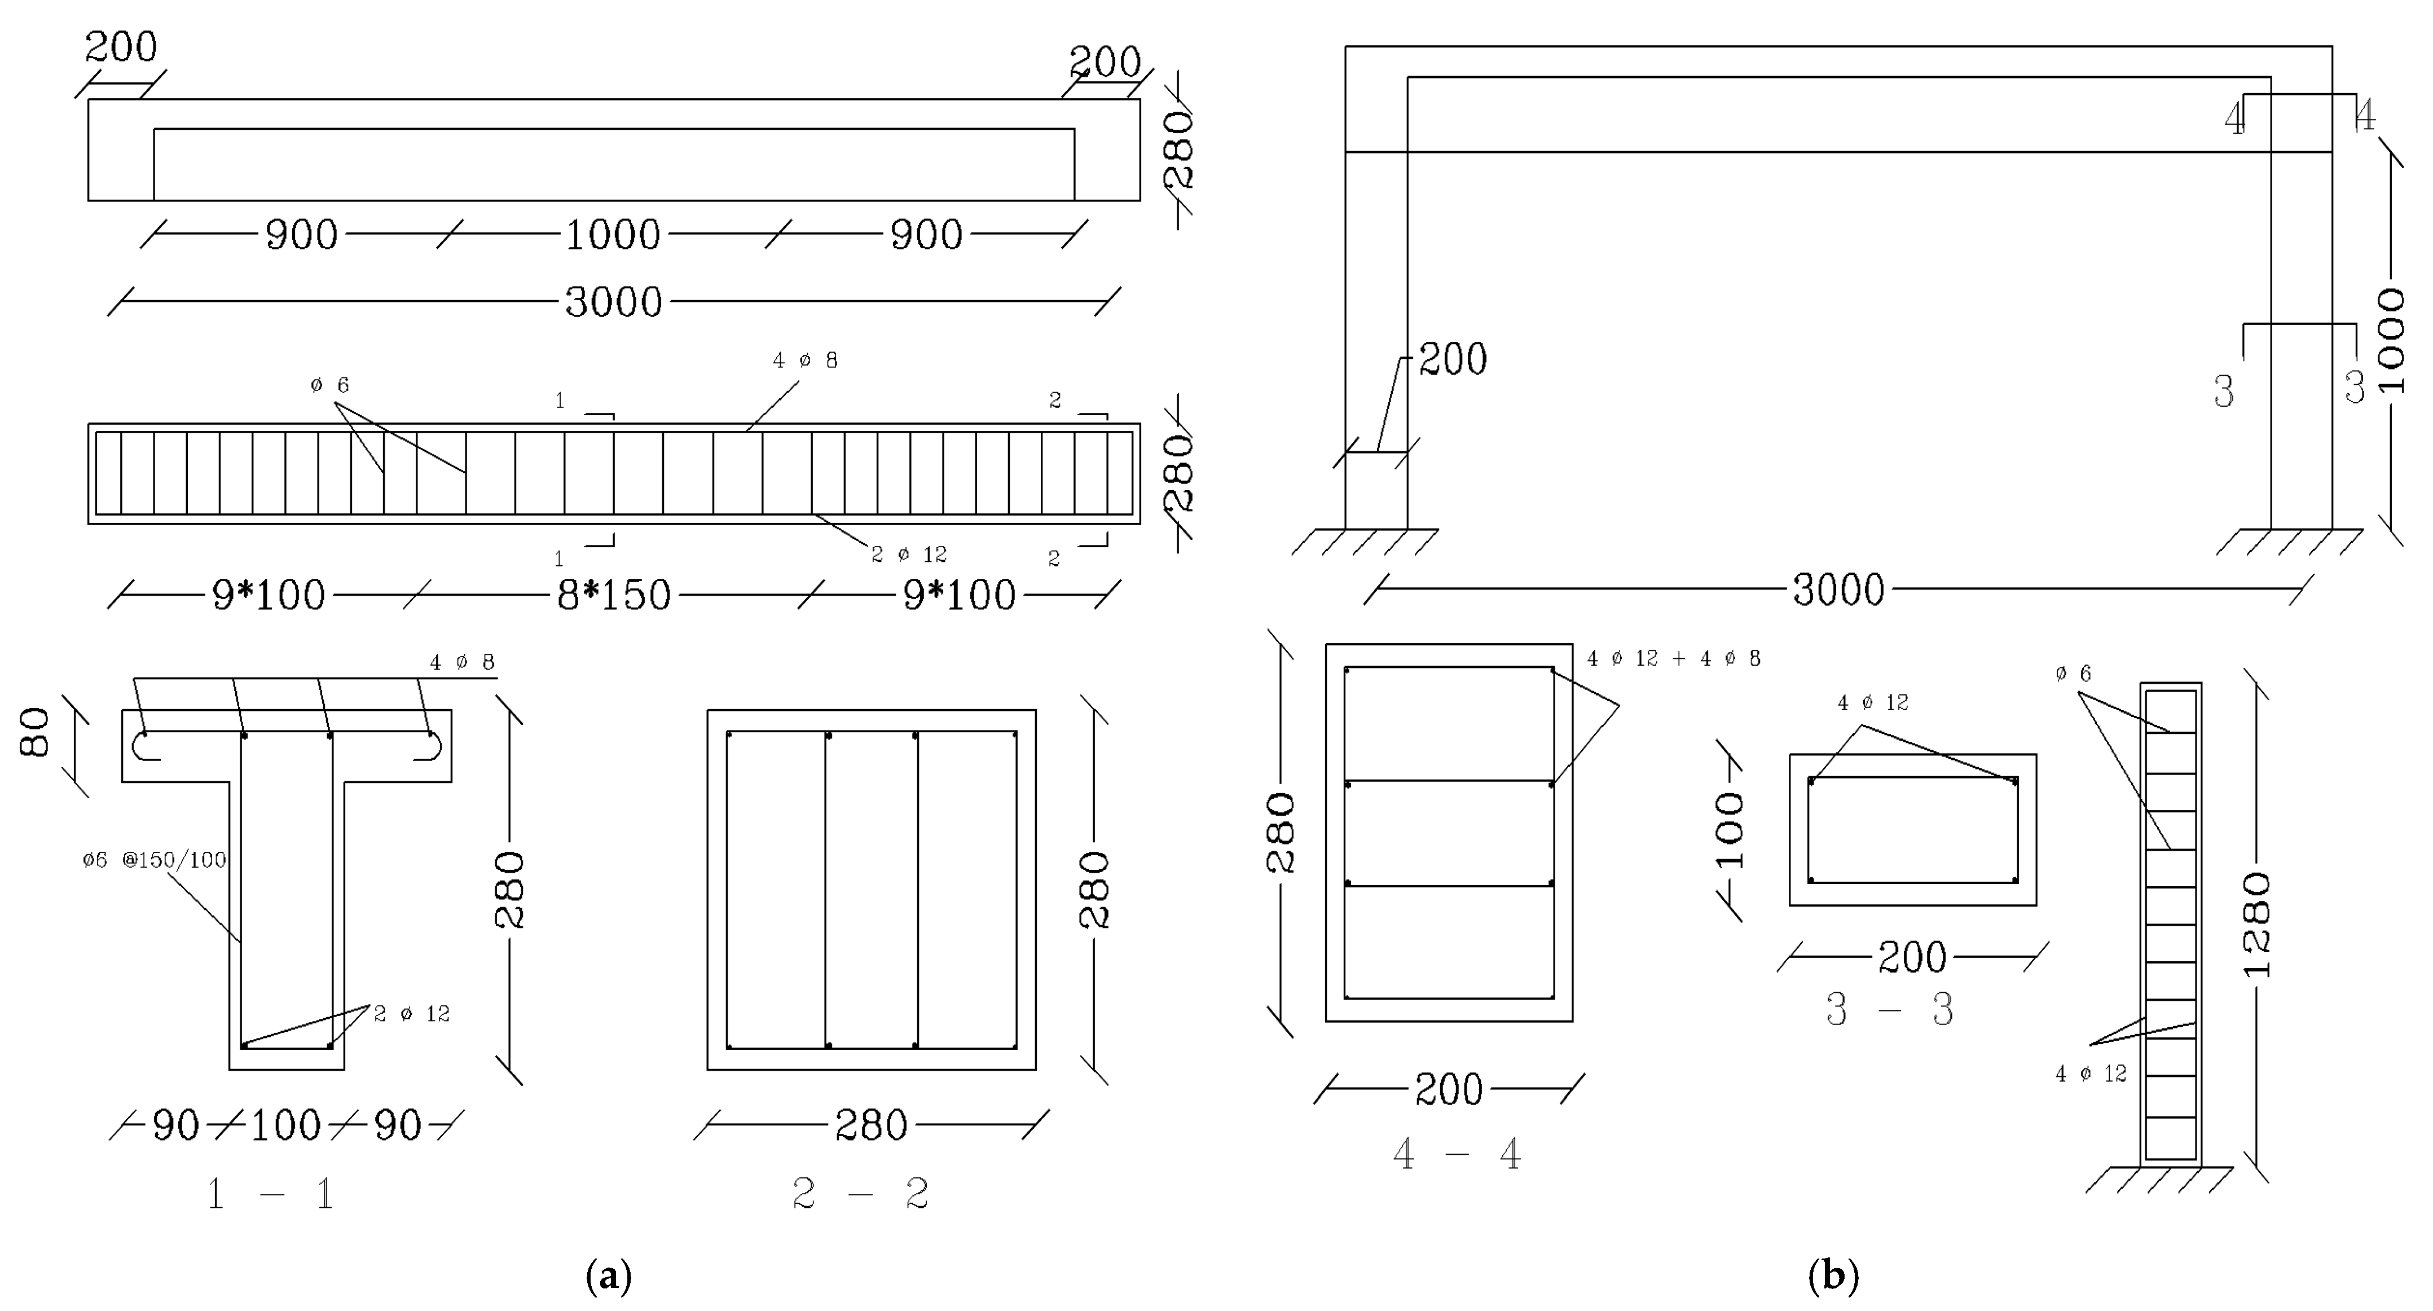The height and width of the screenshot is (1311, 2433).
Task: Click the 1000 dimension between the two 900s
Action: point(612,234)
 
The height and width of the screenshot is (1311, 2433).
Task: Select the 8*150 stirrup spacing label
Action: point(614,595)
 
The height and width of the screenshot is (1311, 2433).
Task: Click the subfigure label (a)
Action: point(608,1277)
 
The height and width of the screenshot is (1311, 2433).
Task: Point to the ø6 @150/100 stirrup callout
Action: point(154,860)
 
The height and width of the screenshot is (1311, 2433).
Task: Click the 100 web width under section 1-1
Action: point(285,1125)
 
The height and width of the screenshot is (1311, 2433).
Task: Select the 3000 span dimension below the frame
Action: point(1838,590)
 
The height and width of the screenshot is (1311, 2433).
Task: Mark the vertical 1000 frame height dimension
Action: point(2391,340)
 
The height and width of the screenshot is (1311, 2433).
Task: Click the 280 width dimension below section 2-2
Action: point(871,1125)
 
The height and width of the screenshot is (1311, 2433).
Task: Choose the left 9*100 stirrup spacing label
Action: point(269,595)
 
